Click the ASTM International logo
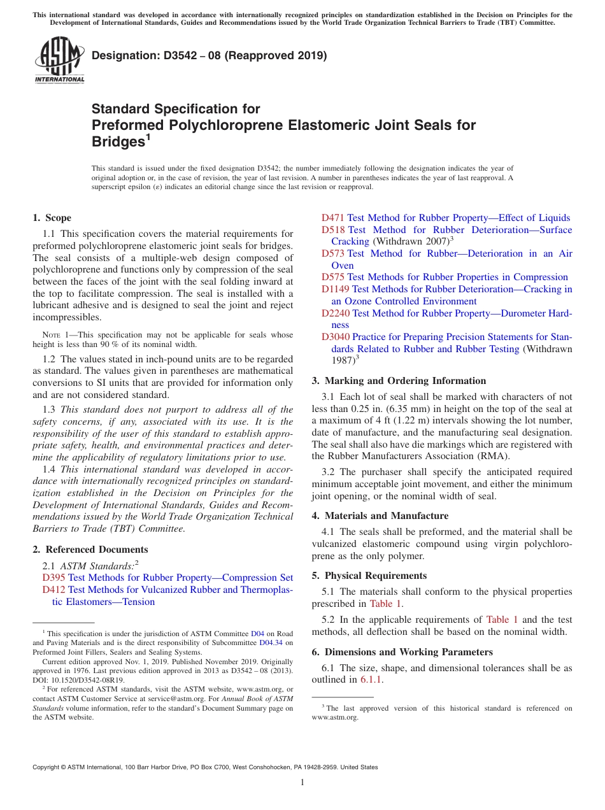(59, 60)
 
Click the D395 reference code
(53, 578)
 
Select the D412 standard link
(53, 590)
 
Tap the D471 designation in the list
(333, 218)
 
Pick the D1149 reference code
(336, 289)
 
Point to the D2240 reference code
(336, 313)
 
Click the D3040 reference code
(336, 337)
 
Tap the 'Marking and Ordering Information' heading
(405, 381)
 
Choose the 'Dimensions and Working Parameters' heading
(404, 652)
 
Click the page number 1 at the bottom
(302, 783)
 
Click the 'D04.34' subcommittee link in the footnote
(272, 643)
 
